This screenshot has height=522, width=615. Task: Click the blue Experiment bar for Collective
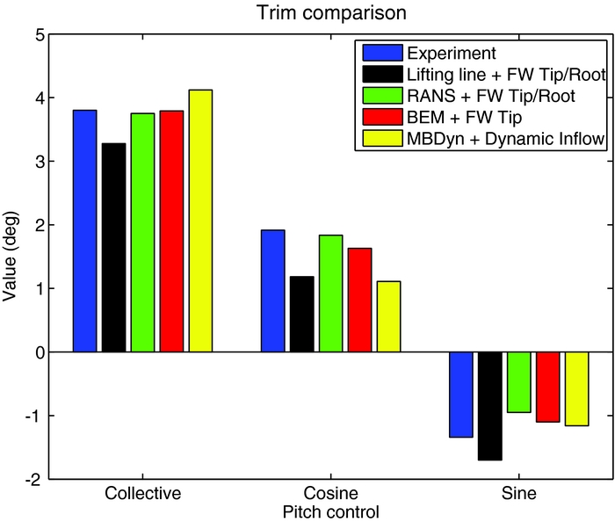pyautogui.click(x=84, y=230)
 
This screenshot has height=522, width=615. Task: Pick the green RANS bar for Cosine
pyautogui.click(x=330, y=294)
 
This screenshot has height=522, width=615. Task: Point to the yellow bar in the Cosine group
pyautogui.click(x=388, y=316)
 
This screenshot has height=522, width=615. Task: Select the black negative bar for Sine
pyautogui.click(x=489, y=405)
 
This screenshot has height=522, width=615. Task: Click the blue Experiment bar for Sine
pyautogui.click(x=460, y=394)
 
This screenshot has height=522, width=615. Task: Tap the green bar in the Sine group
pyautogui.click(x=518, y=381)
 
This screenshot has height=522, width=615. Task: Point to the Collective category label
pyautogui.click(x=142, y=493)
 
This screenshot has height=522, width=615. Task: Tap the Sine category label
pyautogui.click(x=518, y=493)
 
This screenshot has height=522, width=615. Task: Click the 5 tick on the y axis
pyautogui.click(x=38, y=34)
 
